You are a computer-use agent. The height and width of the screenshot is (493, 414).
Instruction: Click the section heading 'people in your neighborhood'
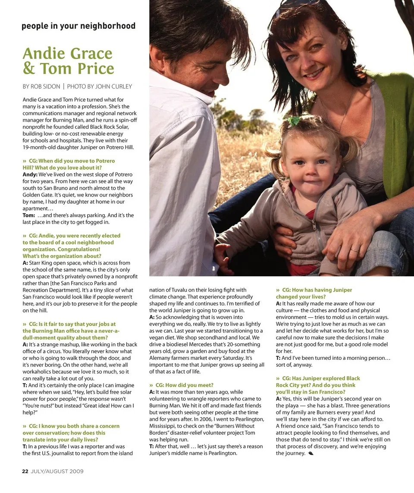tap(78, 26)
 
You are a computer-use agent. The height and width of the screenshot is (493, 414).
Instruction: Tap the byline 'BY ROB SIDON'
tap(41, 87)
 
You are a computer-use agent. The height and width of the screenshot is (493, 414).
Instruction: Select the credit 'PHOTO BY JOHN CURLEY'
tap(99, 87)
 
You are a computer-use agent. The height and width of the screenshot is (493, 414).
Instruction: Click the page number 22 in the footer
tap(25, 471)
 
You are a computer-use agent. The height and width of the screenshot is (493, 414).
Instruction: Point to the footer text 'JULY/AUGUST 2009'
tap(57, 471)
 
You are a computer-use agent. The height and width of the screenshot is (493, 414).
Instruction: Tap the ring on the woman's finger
tap(354, 250)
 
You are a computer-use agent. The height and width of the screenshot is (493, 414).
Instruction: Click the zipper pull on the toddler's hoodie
tap(314, 226)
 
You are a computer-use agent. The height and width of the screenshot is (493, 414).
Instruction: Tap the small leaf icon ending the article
tap(311, 453)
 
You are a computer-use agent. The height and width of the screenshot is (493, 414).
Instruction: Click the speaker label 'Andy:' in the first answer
tap(30, 175)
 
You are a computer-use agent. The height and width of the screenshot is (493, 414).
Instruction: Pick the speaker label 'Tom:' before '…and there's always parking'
tap(29, 215)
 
